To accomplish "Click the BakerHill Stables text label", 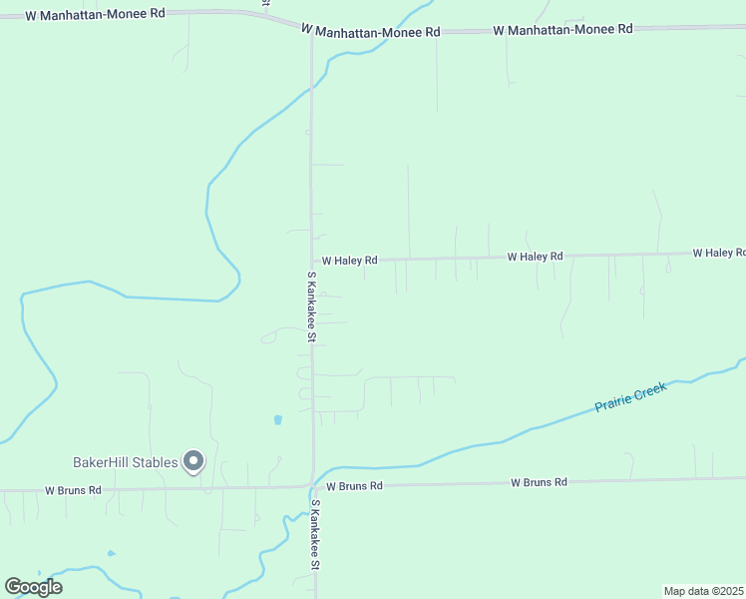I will point(125,462).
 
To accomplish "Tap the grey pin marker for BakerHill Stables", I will point(194,460).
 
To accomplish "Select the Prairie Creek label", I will point(629,397).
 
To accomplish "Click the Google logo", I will point(33,587).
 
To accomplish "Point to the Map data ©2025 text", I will point(703,591).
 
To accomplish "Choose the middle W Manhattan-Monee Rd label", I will point(370,32).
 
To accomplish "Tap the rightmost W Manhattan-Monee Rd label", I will point(562,29).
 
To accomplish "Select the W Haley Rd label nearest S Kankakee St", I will point(342,261).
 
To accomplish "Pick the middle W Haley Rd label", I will point(535,257).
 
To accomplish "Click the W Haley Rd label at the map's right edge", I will point(718,253).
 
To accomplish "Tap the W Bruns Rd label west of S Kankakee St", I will point(73,490).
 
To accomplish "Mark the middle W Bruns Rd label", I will point(348,486).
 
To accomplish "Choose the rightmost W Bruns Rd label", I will point(539,482).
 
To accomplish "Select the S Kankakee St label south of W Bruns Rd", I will point(315,535).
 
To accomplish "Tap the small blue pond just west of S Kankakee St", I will point(277,419).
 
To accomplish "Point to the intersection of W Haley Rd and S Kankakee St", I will point(312,262).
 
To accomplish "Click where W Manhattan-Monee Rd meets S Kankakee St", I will point(311,30).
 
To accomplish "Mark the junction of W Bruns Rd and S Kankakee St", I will point(313,486).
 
